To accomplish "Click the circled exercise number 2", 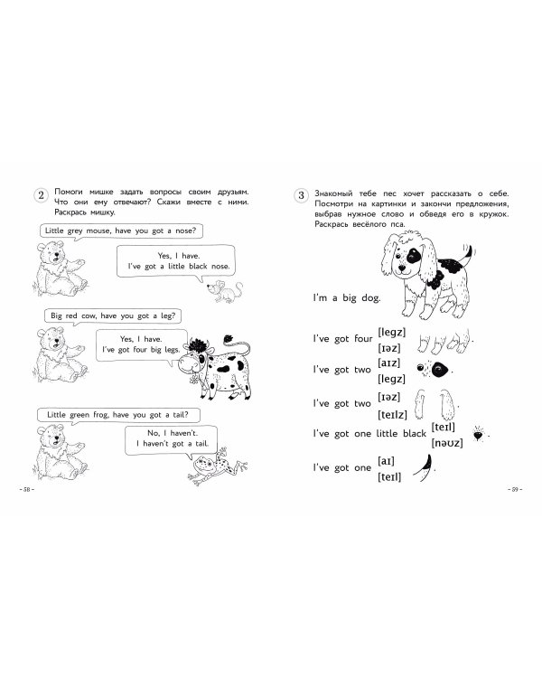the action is (x=41, y=195).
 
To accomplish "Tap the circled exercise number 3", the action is (x=301, y=195).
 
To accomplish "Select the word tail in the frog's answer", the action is (x=201, y=443).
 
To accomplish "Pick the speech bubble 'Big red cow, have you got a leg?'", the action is (x=113, y=316).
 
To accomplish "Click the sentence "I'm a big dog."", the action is (x=347, y=298).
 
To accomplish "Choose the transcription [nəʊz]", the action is (x=447, y=443).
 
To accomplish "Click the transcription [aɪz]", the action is (x=389, y=363).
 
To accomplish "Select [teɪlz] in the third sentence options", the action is (x=392, y=415).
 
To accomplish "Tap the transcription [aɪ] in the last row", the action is (x=386, y=461).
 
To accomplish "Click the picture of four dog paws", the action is (x=444, y=341).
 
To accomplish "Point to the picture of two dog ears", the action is (x=434, y=404).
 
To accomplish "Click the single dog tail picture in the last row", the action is (x=423, y=467).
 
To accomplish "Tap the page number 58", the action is (x=27, y=489).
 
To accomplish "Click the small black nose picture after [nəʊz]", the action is (x=478, y=434).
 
